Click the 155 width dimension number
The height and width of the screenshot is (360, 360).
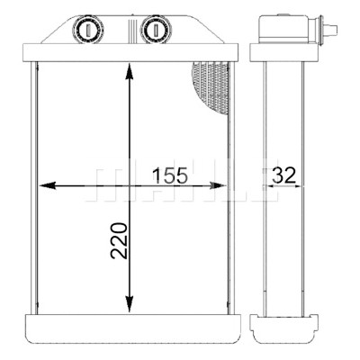(x=170, y=175)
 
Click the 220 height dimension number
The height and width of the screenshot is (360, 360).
(x=119, y=240)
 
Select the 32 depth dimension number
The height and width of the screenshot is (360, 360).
(x=283, y=175)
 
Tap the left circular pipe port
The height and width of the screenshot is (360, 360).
(x=88, y=30)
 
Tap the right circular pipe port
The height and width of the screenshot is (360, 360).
(x=156, y=30)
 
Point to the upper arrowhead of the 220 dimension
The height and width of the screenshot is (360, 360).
(x=130, y=71)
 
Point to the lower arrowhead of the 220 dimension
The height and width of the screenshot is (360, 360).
(x=130, y=303)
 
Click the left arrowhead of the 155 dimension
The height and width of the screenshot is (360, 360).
(x=48, y=185)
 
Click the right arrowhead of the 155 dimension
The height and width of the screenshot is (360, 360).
(x=217, y=185)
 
